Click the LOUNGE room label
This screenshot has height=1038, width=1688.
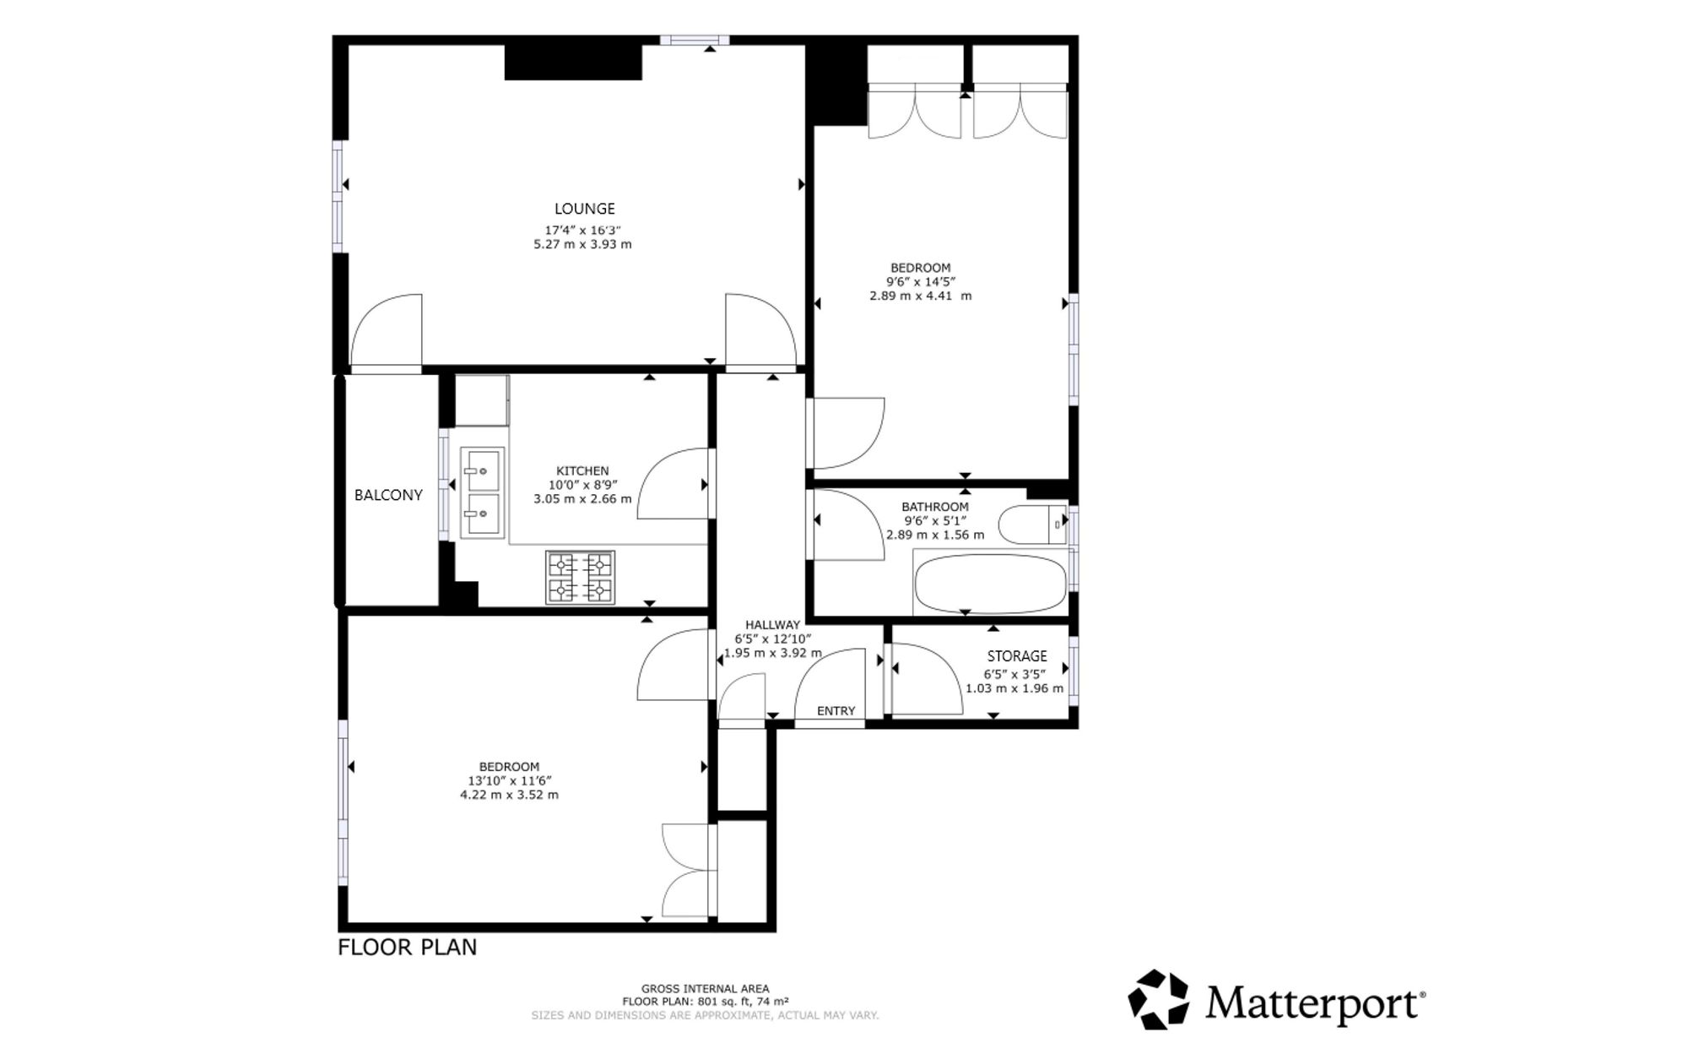(x=584, y=209)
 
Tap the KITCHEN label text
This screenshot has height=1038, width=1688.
(x=582, y=471)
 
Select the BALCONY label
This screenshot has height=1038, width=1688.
(x=388, y=495)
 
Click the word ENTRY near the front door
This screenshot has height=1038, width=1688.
(x=836, y=711)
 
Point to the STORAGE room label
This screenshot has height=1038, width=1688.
(x=1017, y=656)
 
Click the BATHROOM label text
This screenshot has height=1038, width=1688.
(x=935, y=507)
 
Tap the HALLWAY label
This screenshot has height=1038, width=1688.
(x=772, y=625)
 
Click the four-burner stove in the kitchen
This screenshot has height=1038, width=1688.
(x=580, y=578)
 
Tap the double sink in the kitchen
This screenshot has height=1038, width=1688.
(x=482, y=492)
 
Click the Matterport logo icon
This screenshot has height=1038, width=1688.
(x=1159, y=1000)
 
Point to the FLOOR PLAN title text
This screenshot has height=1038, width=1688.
(x=407, y=948)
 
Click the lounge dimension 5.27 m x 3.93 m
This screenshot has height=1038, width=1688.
(x=582, y=245)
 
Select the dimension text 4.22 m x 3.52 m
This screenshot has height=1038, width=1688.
(x=509, y=795)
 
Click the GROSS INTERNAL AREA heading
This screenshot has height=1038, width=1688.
(x=705, y=989)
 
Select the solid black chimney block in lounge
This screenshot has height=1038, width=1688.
(x=573, y=62)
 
